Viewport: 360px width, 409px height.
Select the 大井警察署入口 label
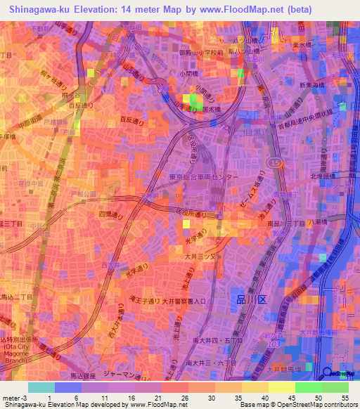click(x=182, y=301)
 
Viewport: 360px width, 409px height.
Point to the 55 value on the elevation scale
click(x=343, y=398)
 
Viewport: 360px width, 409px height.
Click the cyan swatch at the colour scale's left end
click(x=41, y=387)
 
